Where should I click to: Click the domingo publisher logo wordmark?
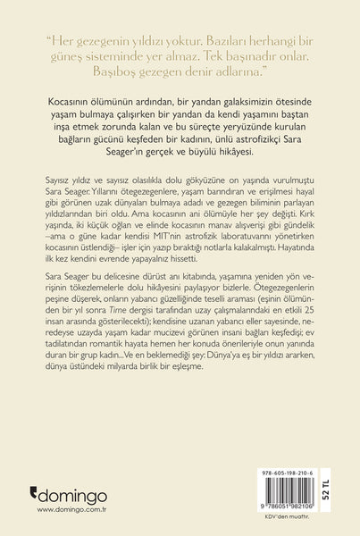click(73, 493)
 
